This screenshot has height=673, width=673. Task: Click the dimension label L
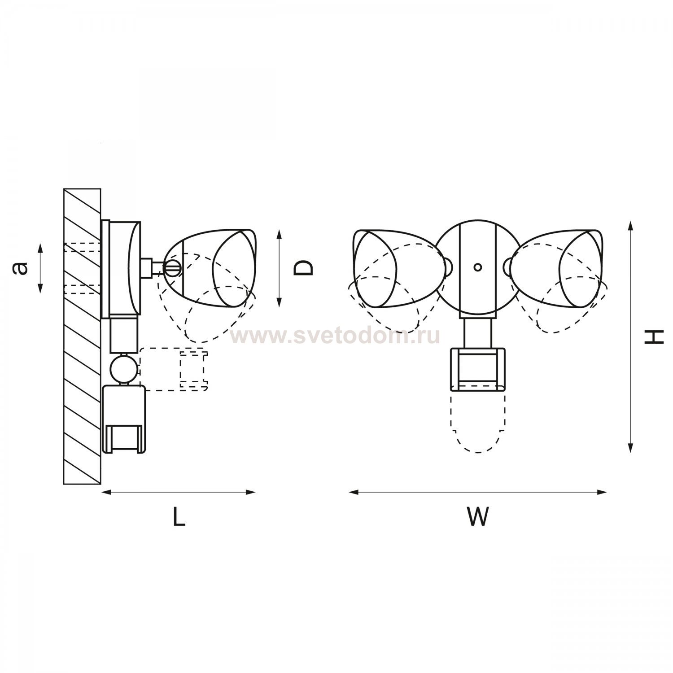point(179,516)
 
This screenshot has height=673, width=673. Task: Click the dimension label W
point(477,516)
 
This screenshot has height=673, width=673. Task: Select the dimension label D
point(303,268)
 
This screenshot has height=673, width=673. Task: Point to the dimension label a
point(21,268)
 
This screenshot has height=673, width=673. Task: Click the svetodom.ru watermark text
point(335,336)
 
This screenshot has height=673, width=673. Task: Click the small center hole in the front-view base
point(478,267)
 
